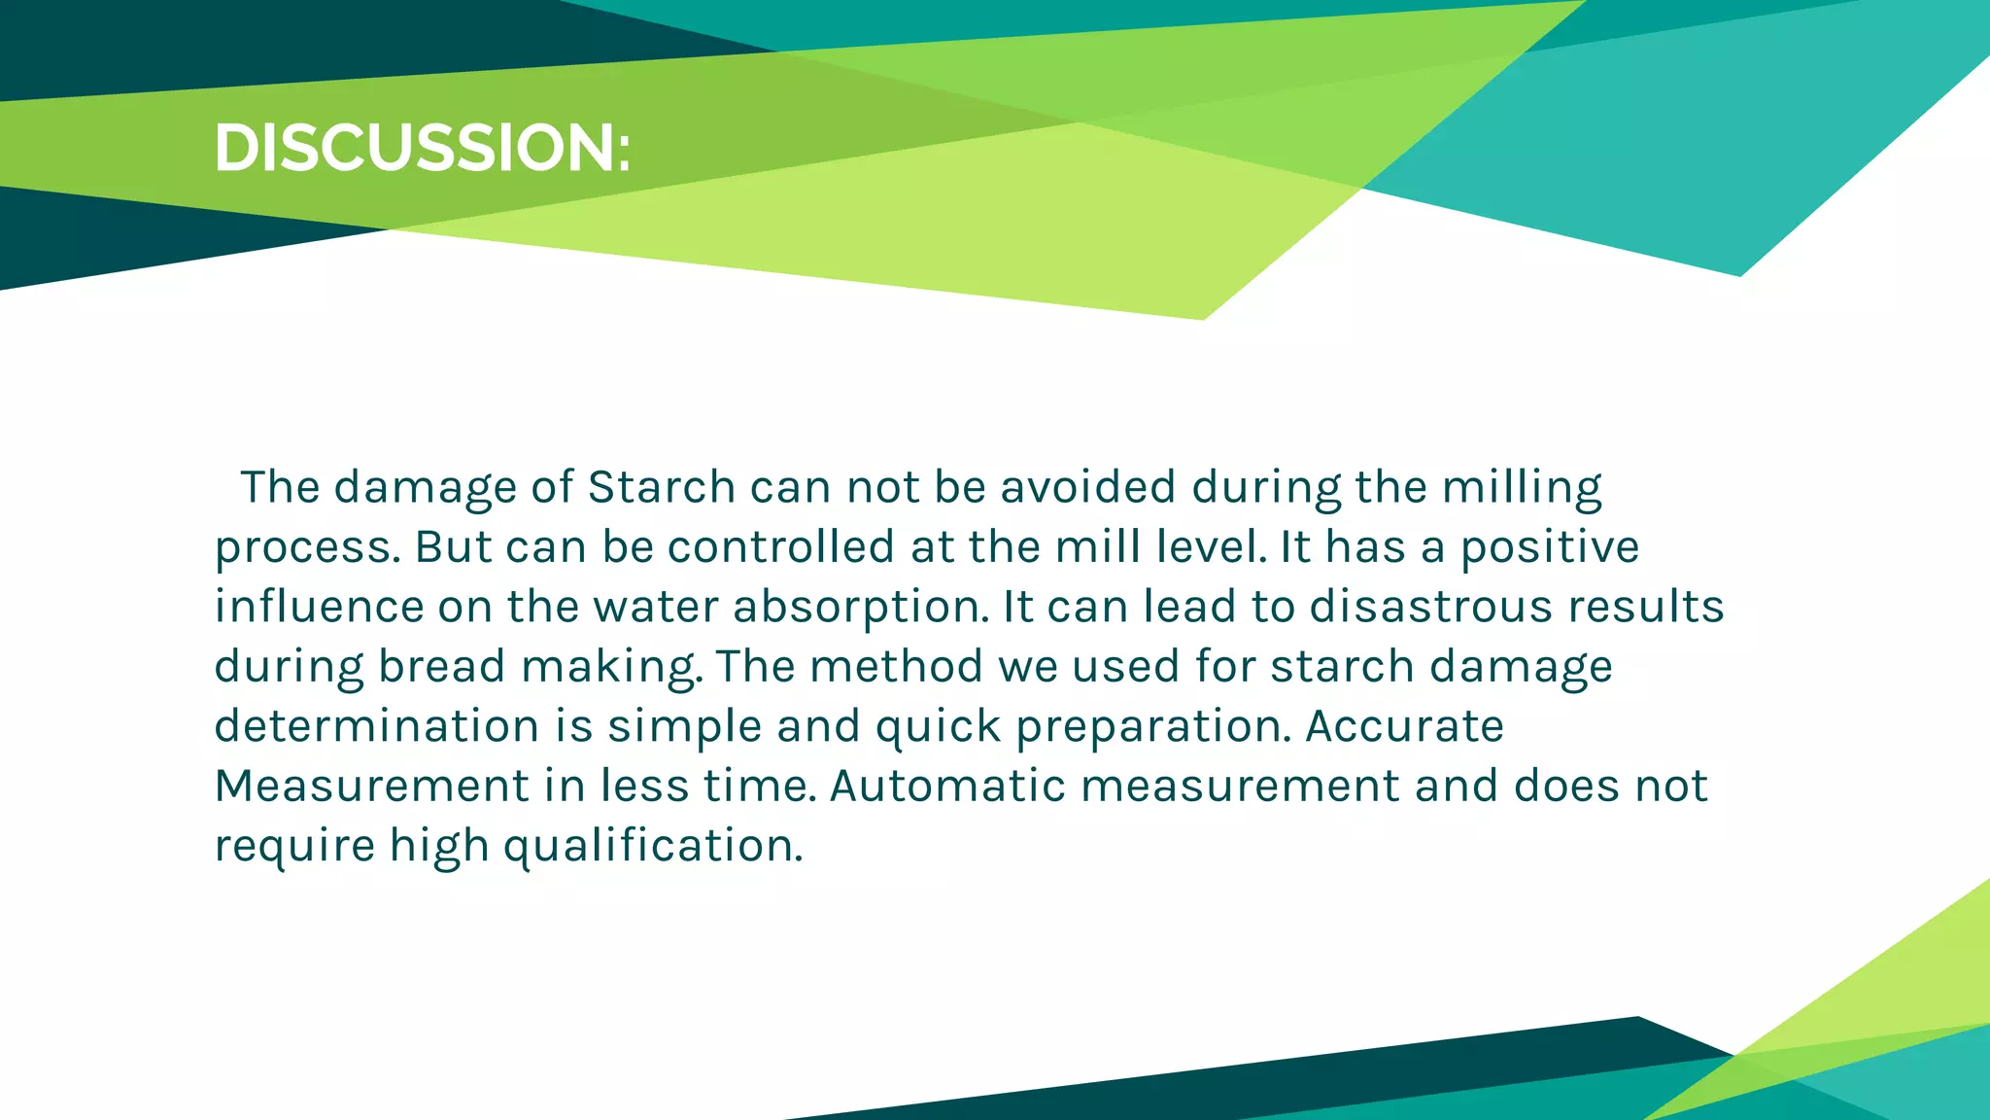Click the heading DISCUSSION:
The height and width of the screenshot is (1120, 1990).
[422, 149]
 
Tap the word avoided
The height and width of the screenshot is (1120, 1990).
[1088, 487]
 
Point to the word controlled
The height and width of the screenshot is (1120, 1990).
[780, 546]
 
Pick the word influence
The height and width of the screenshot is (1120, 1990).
[319, 607]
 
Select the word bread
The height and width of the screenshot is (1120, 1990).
[441, 667]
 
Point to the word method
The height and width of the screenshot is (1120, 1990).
[896, 667]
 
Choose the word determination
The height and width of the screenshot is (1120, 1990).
[377, 726]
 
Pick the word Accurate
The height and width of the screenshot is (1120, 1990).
[1404, 726]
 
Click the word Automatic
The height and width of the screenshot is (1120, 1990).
[947, 786]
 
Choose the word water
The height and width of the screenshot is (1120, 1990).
[655, 607]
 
